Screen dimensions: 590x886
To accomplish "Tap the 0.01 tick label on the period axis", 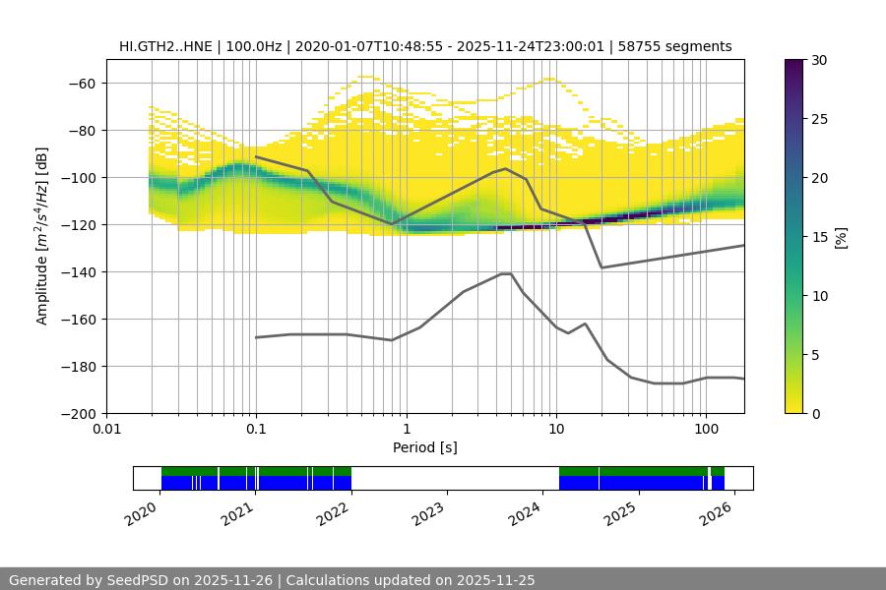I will pos(106,429).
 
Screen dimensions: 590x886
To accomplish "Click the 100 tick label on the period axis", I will pos(706,429).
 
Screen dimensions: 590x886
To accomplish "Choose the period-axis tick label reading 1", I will pos(406,429).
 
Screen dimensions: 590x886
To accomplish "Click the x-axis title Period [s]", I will pos(425,447).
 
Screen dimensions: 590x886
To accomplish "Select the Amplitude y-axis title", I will pos(42,236).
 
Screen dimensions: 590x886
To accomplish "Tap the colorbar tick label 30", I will pos(820,60).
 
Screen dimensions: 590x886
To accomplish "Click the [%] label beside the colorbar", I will pos(841,237).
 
